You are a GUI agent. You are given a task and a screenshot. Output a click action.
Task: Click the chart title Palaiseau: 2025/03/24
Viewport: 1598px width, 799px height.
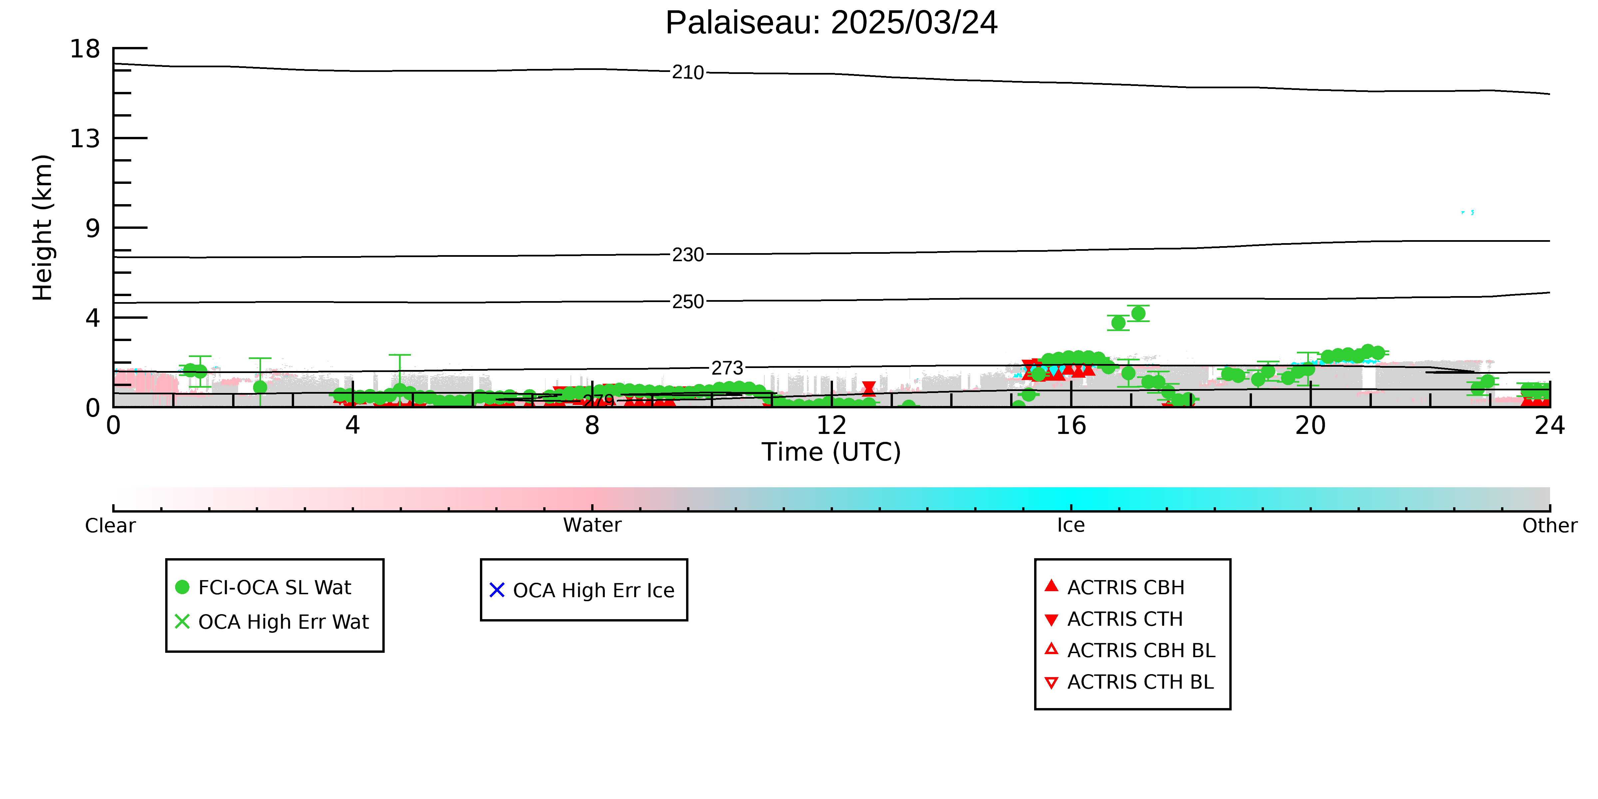tap(831, 23)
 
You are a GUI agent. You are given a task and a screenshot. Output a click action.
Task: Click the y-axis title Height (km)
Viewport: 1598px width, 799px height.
tap(43, 228)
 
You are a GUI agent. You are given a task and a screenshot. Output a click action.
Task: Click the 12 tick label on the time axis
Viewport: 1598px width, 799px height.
tap(831, 426)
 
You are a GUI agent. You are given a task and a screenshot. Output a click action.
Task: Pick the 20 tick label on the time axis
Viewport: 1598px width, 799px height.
tap(1310, 426)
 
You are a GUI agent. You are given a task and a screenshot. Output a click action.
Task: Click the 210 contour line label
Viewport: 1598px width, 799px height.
tap(688, 73)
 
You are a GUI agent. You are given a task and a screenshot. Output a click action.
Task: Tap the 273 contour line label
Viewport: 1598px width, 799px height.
tap(727, 368)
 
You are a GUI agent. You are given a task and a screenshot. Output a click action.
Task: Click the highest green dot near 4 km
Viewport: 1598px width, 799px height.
tap(1138, 313)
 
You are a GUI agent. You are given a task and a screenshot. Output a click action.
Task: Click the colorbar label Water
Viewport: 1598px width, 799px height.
tap(592, 526)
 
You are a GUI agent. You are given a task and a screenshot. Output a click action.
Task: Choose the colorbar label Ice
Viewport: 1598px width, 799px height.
tap(1071, 526)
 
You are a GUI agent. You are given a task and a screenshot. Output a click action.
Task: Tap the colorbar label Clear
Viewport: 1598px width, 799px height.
tap(111, 526)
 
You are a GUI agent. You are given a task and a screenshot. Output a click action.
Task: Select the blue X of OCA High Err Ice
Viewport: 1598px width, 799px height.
tap(497, 590)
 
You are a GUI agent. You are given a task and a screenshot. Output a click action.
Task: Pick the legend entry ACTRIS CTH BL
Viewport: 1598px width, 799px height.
tap(1129, 682)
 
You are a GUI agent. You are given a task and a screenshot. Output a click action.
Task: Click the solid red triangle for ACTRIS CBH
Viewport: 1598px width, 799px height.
tap(1051, 586)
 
